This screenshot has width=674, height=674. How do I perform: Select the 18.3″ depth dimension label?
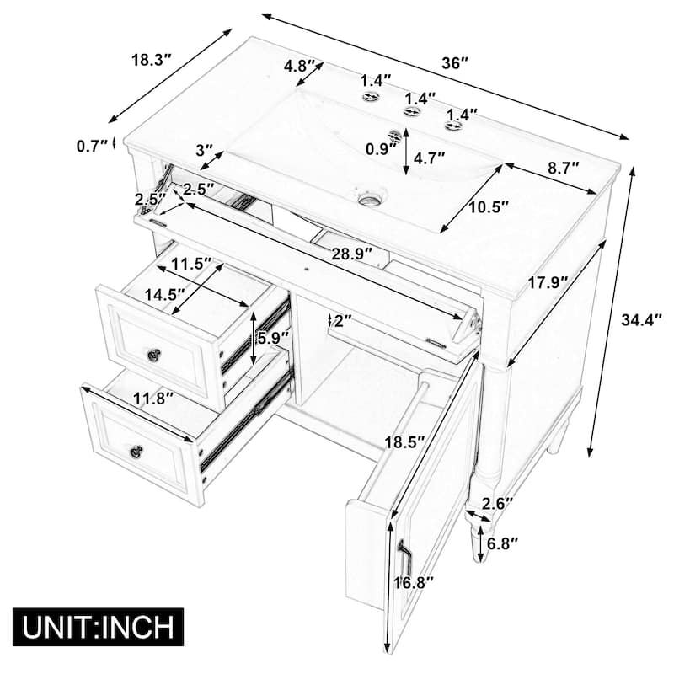[x=152, y=60]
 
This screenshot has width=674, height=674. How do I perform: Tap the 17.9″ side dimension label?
[x=548, y=283]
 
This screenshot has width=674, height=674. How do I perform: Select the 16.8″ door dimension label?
[x=415, y=580]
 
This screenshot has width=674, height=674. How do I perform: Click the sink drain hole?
[x=367, y=200]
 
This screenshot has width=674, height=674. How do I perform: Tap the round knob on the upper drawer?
[x=153, y=355]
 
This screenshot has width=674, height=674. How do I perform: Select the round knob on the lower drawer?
[x=136, y=452]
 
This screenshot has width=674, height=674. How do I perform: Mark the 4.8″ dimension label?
[x=299, y=65]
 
